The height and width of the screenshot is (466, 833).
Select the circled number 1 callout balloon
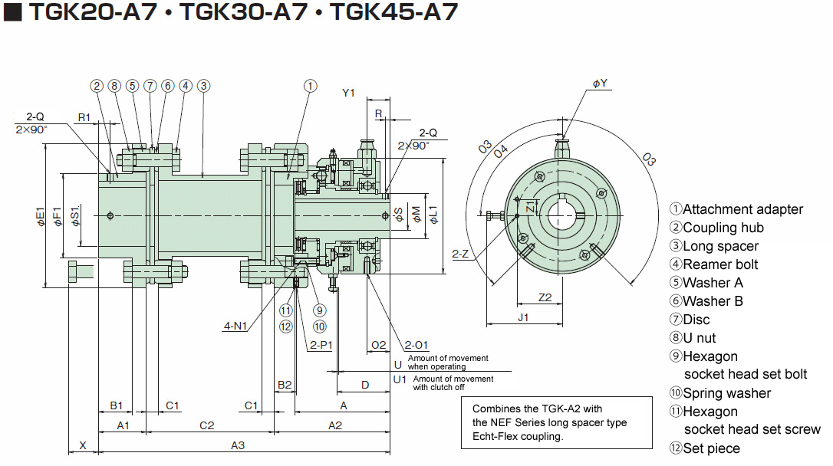click(x=310, y=86)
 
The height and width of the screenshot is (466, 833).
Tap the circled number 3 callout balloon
click(x=203, y=86)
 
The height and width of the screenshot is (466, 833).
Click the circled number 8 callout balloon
click(x=114, y=86)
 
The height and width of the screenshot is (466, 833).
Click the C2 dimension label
click(x=206, y=425)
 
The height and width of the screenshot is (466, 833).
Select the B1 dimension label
click(x=116, y=405)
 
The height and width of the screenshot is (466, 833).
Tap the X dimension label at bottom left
click(x=82, y=445)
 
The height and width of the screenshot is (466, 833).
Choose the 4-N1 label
click(x=235, y=326)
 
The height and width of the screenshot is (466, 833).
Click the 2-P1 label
click(x=321, y=345)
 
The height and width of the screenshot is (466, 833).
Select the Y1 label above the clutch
click(x=348, y=93)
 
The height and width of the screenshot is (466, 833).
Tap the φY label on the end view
click(x=600, y=84)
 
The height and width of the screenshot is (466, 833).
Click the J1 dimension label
click(x=524, y=317)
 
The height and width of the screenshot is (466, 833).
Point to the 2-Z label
click(x=461, y=254)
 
